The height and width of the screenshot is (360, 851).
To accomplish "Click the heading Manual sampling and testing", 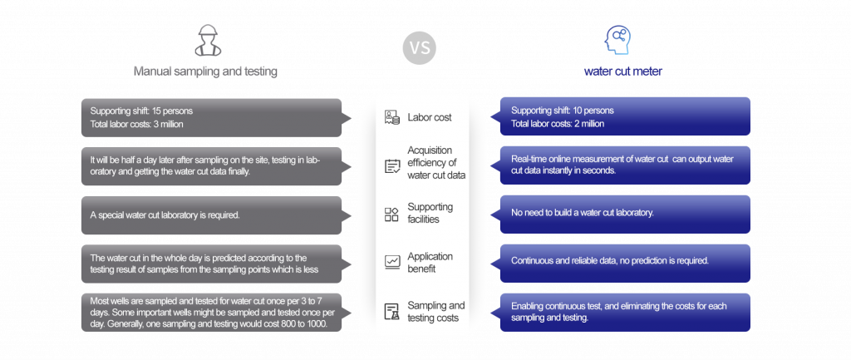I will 205,72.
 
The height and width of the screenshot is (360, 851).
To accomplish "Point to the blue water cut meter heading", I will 622,72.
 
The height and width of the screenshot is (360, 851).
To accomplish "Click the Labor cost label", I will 430,117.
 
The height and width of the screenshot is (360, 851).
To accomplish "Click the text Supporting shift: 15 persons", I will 142,111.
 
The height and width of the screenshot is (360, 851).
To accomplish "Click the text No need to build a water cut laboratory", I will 583,213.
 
